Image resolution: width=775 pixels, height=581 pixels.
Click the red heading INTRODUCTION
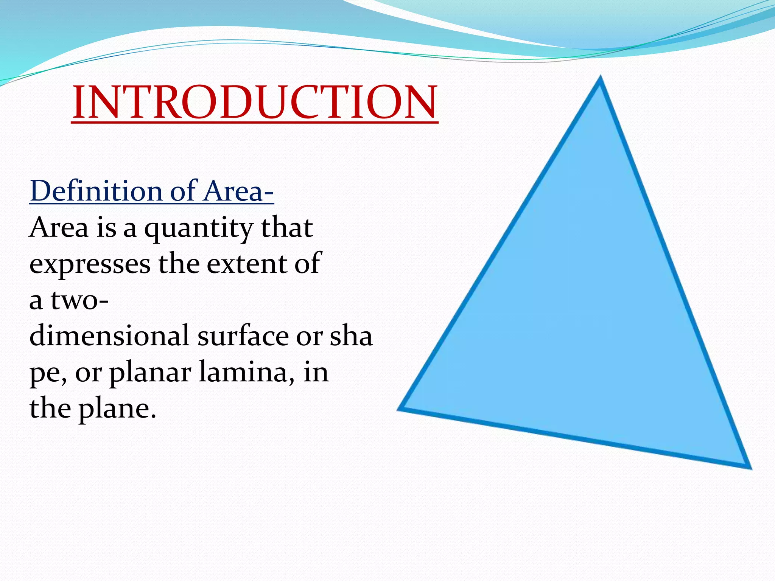[x=255, y=102]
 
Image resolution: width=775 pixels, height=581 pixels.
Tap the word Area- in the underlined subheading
[x=238, y=191]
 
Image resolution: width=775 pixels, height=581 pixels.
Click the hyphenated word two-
[x=79, y=300]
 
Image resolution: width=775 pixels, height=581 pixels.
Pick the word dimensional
[x=109, y=336]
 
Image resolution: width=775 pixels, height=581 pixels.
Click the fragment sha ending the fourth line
[x=351, y=336]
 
